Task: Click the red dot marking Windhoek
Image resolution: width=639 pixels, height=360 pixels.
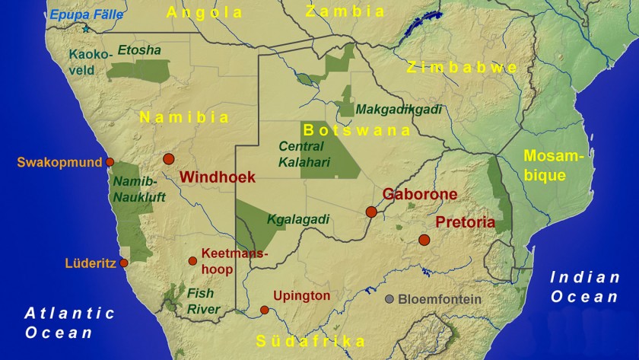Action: pos(168,159)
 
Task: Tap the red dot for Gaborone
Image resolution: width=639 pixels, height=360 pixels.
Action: pos(371,212)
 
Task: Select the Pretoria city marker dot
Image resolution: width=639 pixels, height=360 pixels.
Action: pos(424,240)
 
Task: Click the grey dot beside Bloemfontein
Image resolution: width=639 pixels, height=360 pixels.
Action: pos(389,299)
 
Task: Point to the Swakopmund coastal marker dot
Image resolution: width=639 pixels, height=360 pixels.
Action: pos(110,162)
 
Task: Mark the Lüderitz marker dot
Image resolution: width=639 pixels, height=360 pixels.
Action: pos(124,263)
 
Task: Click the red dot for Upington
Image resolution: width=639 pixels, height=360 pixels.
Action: pos(264,310)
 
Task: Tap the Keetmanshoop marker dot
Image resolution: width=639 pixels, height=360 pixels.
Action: pos(192,261)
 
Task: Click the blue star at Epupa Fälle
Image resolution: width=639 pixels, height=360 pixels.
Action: pos(86,29)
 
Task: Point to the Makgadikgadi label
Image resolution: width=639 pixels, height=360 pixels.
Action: pos(399,109)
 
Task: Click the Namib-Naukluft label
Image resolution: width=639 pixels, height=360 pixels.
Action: pos(135,189)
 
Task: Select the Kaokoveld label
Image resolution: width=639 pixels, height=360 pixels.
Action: pos(91,62)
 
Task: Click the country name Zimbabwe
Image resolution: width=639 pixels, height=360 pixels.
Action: pos(462,67)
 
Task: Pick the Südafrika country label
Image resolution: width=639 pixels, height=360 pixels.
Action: pos(310,341)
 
